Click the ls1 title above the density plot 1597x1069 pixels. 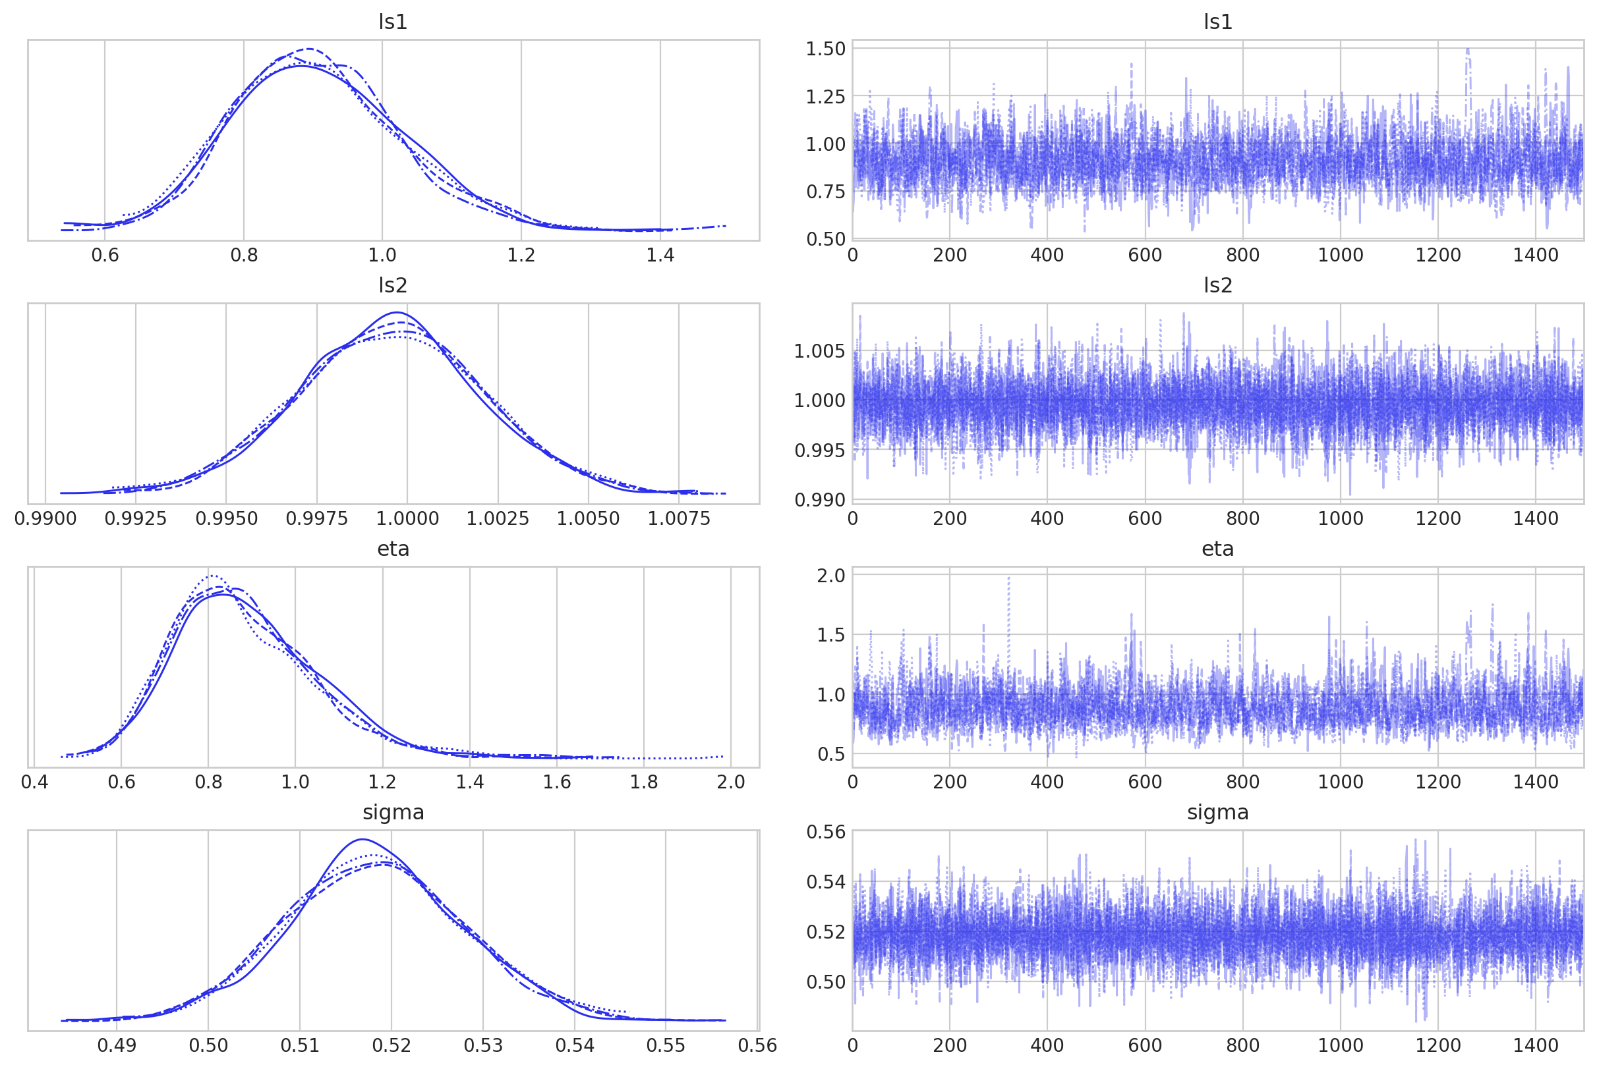393,22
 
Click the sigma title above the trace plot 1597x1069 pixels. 1218,812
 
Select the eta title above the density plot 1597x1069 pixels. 393,549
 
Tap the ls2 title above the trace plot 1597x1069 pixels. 1218,286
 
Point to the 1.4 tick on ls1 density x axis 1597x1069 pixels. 660,255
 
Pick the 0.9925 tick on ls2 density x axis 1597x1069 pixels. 135,519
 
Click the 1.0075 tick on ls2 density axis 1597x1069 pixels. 679,519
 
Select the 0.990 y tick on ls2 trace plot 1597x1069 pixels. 820,500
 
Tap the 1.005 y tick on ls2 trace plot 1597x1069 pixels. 820,351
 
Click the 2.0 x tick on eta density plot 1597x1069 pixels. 731,782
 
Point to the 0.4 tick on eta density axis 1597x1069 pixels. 34,782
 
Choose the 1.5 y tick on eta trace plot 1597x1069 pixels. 831,635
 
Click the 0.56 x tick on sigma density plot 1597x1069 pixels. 757,1045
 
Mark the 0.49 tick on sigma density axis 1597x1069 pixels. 117,1045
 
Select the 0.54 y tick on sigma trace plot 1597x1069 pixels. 825,882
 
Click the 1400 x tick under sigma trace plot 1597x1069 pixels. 1535,1045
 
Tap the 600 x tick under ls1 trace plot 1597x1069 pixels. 1145,255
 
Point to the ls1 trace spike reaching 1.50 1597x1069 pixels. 1467,51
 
